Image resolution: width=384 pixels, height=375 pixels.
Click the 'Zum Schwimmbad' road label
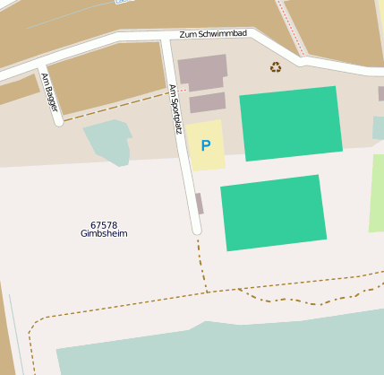click(x=213, y=33)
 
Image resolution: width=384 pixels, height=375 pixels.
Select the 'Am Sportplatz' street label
click(x=175, y=109)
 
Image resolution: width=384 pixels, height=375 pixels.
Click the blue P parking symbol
click(x=206, y=145)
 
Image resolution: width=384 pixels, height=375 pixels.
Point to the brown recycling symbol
click(x=276, y=66)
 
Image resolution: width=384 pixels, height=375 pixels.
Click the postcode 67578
click(x=104, y=224)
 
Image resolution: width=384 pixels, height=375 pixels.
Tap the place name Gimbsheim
click(x=104, y=234)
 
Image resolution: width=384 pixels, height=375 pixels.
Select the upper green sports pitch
click(x=291, y=123)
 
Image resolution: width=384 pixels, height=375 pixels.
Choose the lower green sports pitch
click(x=273, y=212)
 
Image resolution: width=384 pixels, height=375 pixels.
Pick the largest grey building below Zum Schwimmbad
click(x=202, y=72)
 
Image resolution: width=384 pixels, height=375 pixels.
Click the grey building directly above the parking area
click(x=207, y=103)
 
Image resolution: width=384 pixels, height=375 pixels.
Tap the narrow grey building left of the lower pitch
click(x=200, y=204)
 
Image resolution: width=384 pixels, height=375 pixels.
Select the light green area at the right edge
click(x=377, y=193)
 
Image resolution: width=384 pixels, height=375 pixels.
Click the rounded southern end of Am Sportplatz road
click(x=197, y=229)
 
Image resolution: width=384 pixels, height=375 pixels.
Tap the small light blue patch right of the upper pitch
click(x=379, y=128)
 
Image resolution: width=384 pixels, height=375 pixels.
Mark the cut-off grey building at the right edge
click(x=380, y=93)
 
